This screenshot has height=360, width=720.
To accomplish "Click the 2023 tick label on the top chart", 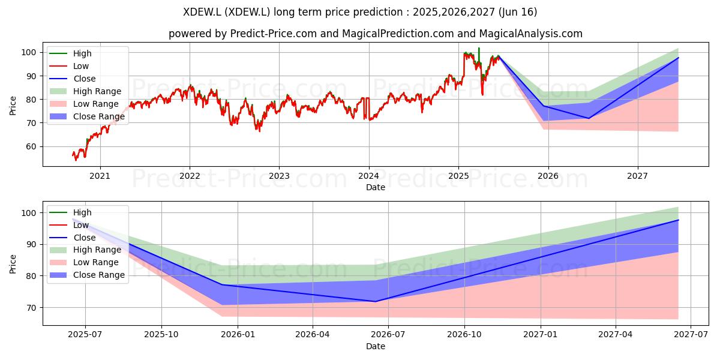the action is (x=279, y=176).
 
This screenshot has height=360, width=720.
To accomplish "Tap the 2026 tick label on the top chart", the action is (x=548, y=176).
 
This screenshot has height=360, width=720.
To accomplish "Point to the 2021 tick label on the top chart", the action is (x=100, y=176).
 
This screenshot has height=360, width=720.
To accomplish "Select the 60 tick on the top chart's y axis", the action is (x=31, y=147).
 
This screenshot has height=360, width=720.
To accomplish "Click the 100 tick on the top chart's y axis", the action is (x=29, y=52).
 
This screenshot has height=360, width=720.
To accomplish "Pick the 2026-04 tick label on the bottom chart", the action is (x=313, y=335).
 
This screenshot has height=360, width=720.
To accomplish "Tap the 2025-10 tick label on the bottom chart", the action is (x=161, y=335).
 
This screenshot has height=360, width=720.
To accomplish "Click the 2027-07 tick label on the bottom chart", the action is (x=691, y=335).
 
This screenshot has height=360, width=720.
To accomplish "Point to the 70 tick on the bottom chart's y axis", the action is (x=31, y=308).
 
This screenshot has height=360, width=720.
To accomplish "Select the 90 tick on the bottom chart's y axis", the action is (x=31, y=245).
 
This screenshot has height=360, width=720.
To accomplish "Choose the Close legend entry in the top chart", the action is (x=73, y=79).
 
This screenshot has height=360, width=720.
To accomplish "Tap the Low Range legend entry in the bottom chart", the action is (x=84, y=262).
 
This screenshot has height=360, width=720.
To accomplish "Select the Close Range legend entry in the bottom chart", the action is (x=87, y=275).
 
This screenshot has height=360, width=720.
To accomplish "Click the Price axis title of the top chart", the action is (x=13, y=106).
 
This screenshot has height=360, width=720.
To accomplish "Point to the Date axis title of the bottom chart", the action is (x=376, y=346).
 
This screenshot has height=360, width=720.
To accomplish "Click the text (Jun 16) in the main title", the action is (x=517, y=12).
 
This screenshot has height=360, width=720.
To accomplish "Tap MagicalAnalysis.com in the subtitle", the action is (x=530, y=34).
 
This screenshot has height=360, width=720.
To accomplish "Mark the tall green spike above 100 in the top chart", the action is (x=479, y=55).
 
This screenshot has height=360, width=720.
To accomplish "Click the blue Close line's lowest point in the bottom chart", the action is (x=375, y=301).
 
